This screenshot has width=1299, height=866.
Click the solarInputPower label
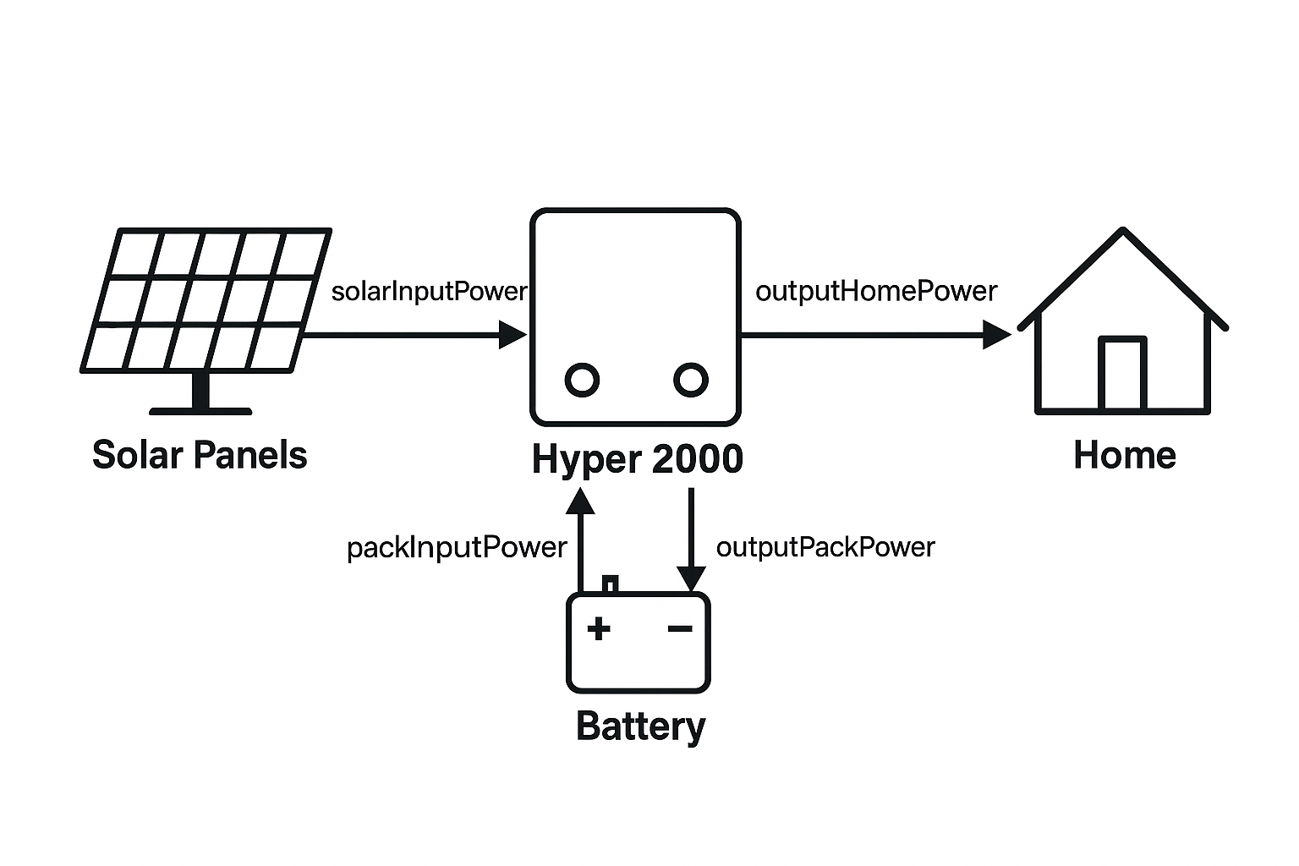point(429,292)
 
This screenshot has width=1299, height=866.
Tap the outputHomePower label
point(876,292)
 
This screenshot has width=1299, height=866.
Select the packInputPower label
point(457,548)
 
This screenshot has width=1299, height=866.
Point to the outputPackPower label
point(825,547)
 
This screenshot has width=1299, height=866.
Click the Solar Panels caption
point(200,455)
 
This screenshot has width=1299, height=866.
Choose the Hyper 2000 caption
point(637,459)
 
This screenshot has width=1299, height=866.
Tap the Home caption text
point(1124,455)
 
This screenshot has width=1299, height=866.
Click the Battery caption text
point(640,726)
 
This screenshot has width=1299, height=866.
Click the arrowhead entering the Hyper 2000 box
point(512,335)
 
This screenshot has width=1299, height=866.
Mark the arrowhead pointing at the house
point(997,335)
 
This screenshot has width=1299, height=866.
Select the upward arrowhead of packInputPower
point(580,502)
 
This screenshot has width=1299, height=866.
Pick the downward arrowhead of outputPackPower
point(691,579)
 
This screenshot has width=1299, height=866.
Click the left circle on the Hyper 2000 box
point(582,380)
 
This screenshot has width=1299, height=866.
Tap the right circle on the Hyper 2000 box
point(691,380)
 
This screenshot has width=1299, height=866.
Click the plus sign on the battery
point(599,628)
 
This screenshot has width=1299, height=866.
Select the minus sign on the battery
point(680,628)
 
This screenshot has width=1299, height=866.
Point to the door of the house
point(1122,375)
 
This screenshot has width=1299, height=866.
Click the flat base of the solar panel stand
point(200,411)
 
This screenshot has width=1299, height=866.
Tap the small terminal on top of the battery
point(610,584)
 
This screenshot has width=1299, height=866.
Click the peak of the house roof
point(1122,231)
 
